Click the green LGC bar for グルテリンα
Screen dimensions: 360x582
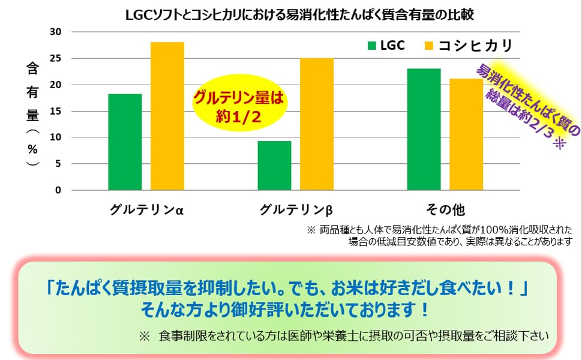tap(125, 142)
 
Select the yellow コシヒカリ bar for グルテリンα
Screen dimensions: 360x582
tap(167, 116)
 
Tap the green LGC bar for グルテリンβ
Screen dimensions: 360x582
tap(274, 166)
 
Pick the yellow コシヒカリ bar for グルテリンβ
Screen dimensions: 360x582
tap(317, 124)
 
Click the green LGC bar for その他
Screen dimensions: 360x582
tap(424, 130)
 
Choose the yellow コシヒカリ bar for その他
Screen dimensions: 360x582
tap(466, 134)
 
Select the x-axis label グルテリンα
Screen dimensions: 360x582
tap(146, 210)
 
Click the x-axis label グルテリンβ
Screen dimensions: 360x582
tap(296, 210)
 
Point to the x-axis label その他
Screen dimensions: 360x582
tap(445, 210)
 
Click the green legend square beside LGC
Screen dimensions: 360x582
tap(372, 46)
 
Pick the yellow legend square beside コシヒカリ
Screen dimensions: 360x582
tap(428, 46)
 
